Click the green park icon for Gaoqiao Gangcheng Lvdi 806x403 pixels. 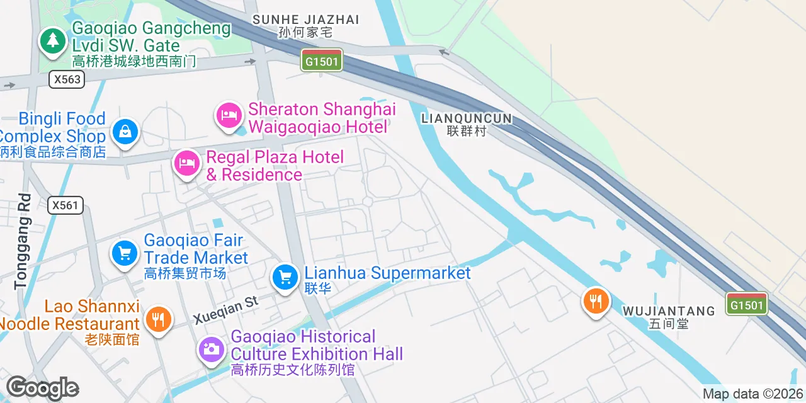click(53, 42)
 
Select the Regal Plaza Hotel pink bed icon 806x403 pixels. click(187, 163)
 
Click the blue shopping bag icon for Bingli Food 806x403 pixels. click(125, 132)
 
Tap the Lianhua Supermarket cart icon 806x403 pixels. click(285, 276)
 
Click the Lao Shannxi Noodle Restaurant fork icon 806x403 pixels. click(158, 319)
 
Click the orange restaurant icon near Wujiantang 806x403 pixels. click(595, 301)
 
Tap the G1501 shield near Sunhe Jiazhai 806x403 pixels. click(322, 61)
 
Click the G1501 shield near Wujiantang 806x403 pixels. click(747, 305)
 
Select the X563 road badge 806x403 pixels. click(66, 79)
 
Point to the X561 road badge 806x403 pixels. click(65, 205)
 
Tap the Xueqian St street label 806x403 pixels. click(226, 309)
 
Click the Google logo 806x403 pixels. click(42, 388)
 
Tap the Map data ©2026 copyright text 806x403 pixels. click(753, 394)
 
